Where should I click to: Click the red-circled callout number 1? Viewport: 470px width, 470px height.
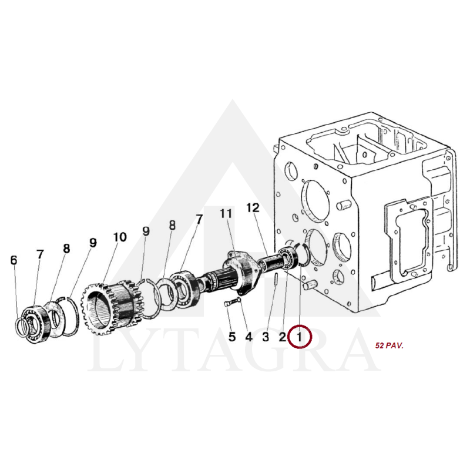(299, 337)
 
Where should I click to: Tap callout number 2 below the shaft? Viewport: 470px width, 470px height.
(283, 337)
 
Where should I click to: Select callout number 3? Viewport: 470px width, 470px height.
(266, 337)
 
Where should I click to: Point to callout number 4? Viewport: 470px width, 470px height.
(249, 337)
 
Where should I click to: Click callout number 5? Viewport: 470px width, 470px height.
(232, 337)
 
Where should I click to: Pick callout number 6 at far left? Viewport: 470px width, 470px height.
(14, 260)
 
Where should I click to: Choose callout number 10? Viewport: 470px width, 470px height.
(120, 237)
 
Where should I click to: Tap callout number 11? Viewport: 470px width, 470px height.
(226, 214)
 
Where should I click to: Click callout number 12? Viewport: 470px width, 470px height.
(253, 208)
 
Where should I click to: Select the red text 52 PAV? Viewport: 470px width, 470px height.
(390, 345)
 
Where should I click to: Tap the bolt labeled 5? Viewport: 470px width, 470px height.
(229, 303)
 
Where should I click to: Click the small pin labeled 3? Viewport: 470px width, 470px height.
(276, 280)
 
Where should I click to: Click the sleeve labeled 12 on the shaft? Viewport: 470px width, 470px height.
(270, 261)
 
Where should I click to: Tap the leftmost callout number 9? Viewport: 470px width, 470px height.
(93, 243)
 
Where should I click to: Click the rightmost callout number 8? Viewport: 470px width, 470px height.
(172, 226)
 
